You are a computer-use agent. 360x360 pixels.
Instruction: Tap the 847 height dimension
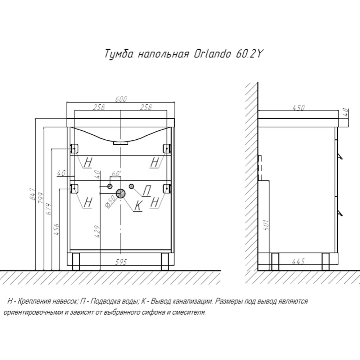pos(33,194)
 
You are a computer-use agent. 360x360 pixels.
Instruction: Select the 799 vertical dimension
pos(41,198)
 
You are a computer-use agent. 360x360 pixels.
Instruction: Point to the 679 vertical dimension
pos(49,209)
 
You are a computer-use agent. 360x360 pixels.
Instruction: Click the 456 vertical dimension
pos(56,229)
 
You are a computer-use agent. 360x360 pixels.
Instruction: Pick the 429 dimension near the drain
pos(98,231)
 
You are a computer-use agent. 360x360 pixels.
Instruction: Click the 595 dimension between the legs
pos(121,262)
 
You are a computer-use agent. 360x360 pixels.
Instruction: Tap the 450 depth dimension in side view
pos(298,107)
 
